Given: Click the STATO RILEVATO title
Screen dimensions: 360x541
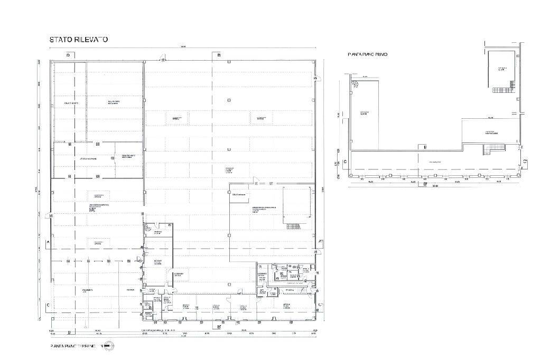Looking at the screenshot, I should pos(79,40).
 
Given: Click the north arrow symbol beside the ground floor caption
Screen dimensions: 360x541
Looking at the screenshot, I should pos(108,346).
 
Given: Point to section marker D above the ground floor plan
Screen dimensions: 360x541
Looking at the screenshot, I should pos(68,55).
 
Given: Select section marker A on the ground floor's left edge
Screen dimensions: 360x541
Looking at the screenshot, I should pos(48,242).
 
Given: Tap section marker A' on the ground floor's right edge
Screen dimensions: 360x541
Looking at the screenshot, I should pos(321,242).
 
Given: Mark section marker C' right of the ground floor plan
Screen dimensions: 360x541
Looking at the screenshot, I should pos(321,305).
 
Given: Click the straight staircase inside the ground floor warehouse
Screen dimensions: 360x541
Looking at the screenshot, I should pos(293,226).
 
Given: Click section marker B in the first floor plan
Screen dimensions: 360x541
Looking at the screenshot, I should pos(425,146).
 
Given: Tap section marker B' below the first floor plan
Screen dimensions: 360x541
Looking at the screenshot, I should pos(425,185).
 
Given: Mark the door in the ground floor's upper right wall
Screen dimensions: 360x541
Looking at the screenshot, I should pos(315,79).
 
